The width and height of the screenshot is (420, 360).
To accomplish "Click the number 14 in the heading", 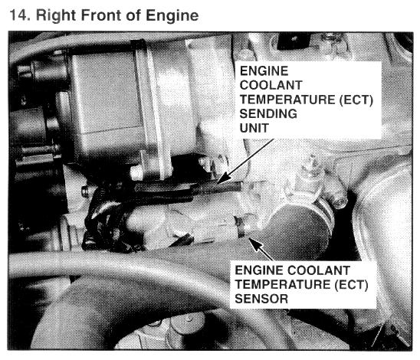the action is pyautogui.click(x=18, y=15).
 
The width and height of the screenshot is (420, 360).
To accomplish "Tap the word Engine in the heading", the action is pyautogui.click(x=172, y=16).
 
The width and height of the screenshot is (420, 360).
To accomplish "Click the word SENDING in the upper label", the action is pyautogui.click(x=268, y=114).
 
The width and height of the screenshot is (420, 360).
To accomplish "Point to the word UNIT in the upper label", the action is pyautogui.click(x=254, y=128).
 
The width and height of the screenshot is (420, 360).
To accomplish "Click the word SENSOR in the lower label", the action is pyautogui.click(x=261, y=299).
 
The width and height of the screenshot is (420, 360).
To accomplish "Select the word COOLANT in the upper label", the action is pyautogui.click(x=271, y=85).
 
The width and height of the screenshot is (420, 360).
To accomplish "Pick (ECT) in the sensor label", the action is pyautogui.click(x=351, y=284).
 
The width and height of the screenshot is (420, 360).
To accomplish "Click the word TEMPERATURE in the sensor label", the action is pyautogui.click(x=283, y=284).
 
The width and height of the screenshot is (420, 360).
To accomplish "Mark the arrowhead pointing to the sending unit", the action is pyautogui.click(x=223, y=178).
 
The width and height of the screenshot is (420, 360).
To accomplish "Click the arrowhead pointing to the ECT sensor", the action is pyautogui.click(x=255, y=244).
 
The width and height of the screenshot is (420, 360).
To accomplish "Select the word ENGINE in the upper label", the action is pyautogui.click(x=264, y=71).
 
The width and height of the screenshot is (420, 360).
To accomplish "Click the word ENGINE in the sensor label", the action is pyautogui.click(x=259, y=270).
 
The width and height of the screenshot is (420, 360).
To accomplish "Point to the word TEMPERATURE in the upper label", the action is pyautogui.click(x=287, y=100).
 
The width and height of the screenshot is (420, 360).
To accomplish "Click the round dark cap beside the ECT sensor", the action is pyautogui.click(x=300, y=231).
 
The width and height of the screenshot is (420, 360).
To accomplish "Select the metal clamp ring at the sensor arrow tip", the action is pyautogui.click(x=240, y=227).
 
